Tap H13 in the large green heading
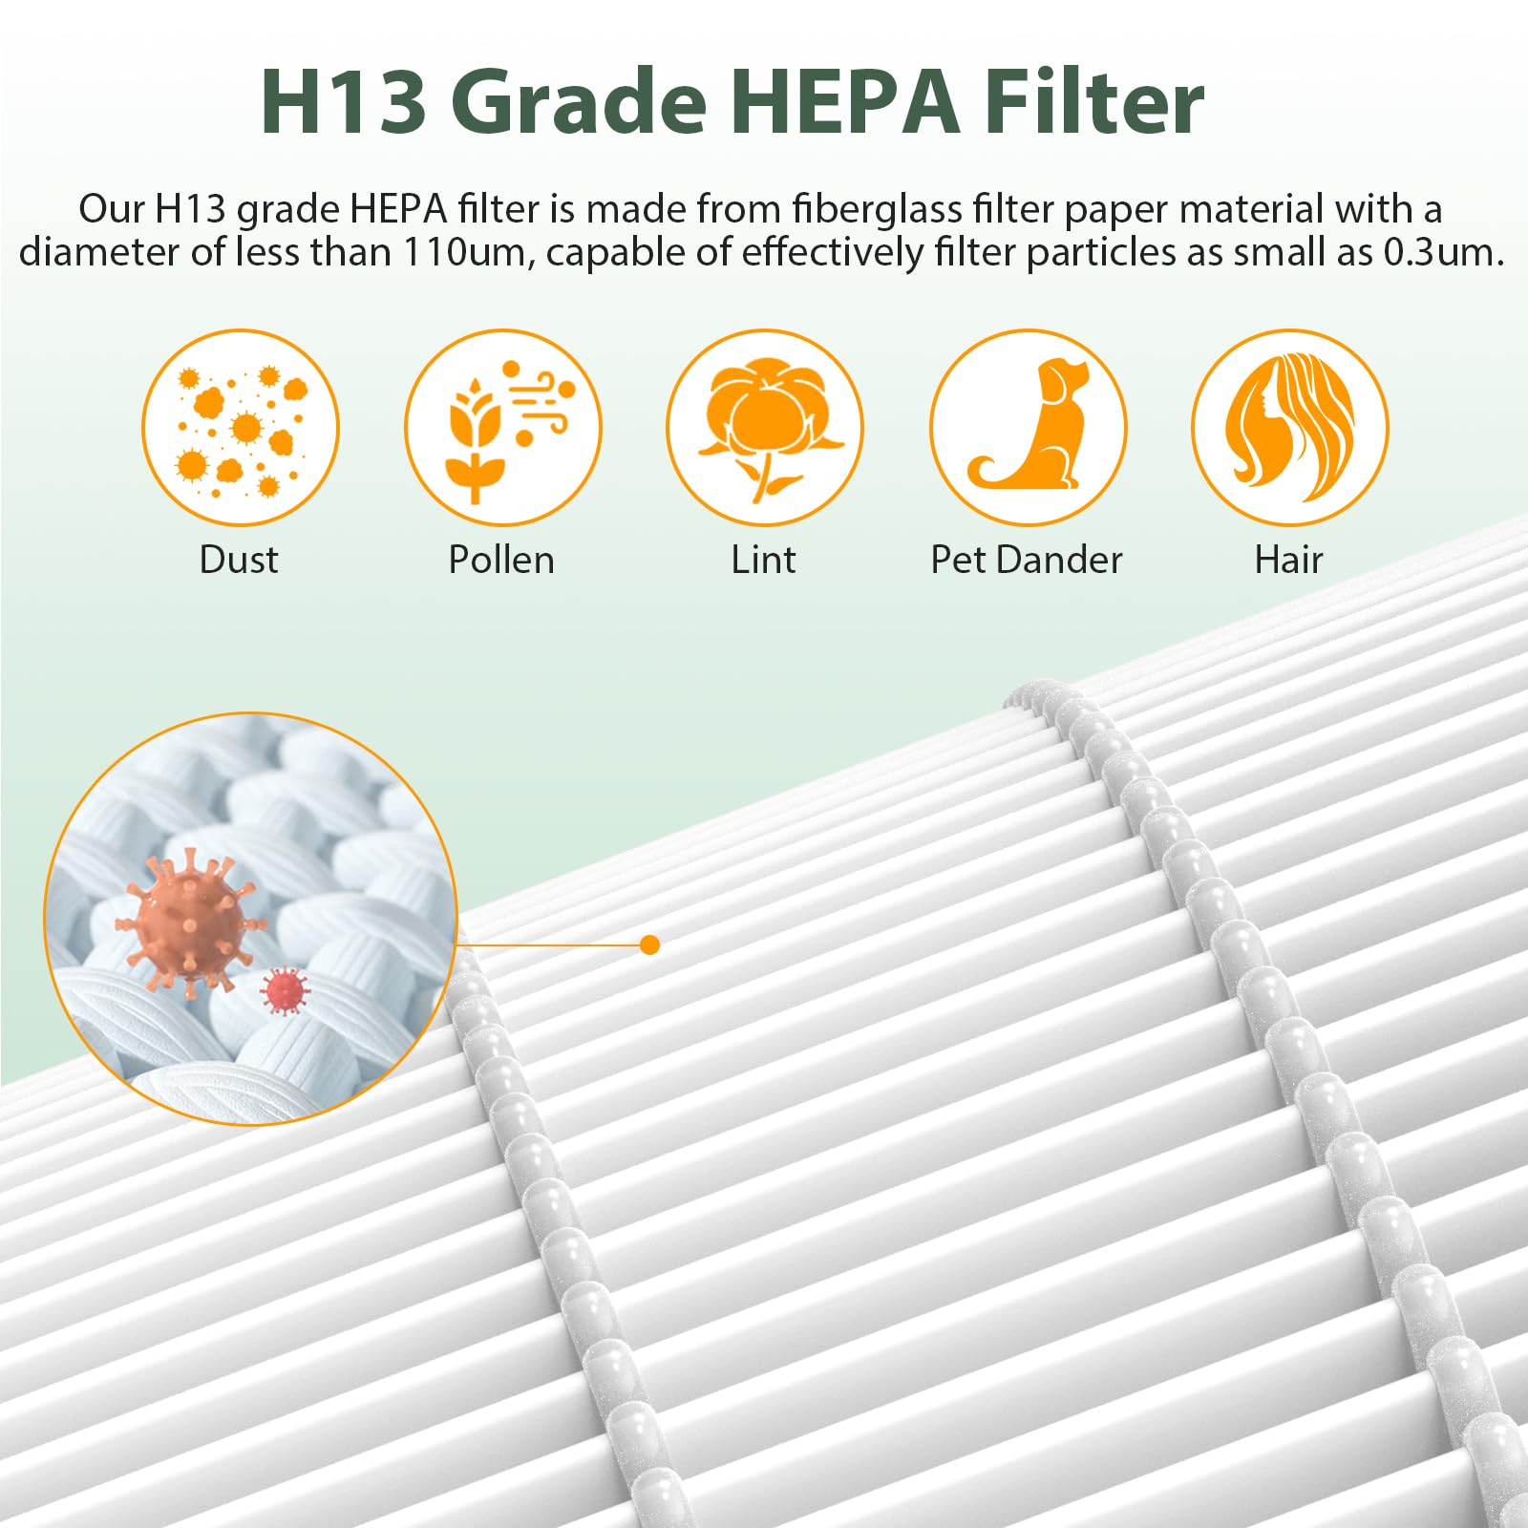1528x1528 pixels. [343, 103]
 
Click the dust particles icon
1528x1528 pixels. [241, 428]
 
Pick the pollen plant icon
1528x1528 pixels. [502, 428]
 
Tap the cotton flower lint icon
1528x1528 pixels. [764, 428]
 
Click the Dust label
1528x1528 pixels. [239, 560]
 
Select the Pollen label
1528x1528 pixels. [501, 560]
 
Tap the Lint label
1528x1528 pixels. [763, 560]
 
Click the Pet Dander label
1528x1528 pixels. [1027, 560]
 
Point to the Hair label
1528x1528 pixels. [1288, 560]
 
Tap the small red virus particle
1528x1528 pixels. [285, 991]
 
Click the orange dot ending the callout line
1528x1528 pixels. [650, 944]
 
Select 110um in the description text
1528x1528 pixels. [464, 252]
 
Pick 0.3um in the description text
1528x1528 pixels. [1443, 252]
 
